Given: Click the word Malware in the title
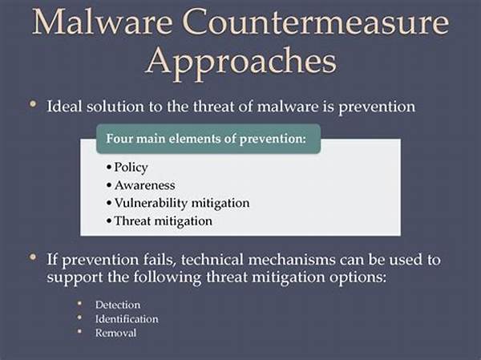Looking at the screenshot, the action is pos(102,22).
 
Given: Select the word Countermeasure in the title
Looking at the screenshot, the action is pos(317,22).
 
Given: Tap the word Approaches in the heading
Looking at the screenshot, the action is pos(241,62).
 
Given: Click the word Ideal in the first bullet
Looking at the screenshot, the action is pos(64,106).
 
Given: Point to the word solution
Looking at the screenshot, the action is pos(115,106).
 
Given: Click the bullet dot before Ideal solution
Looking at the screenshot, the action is pos(33,103).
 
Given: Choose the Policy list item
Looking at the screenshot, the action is pos(131,168).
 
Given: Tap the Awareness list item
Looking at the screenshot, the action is pos(145,185).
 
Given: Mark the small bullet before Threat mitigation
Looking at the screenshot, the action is pos(109,221).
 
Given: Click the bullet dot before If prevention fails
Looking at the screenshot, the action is pos(33,257).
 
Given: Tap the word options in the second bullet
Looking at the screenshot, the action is pos(358,277).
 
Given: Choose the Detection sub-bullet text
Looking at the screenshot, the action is pos(118,305).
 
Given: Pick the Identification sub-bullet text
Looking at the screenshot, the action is pos(127,319).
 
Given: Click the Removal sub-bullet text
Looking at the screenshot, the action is pos(115,333).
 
